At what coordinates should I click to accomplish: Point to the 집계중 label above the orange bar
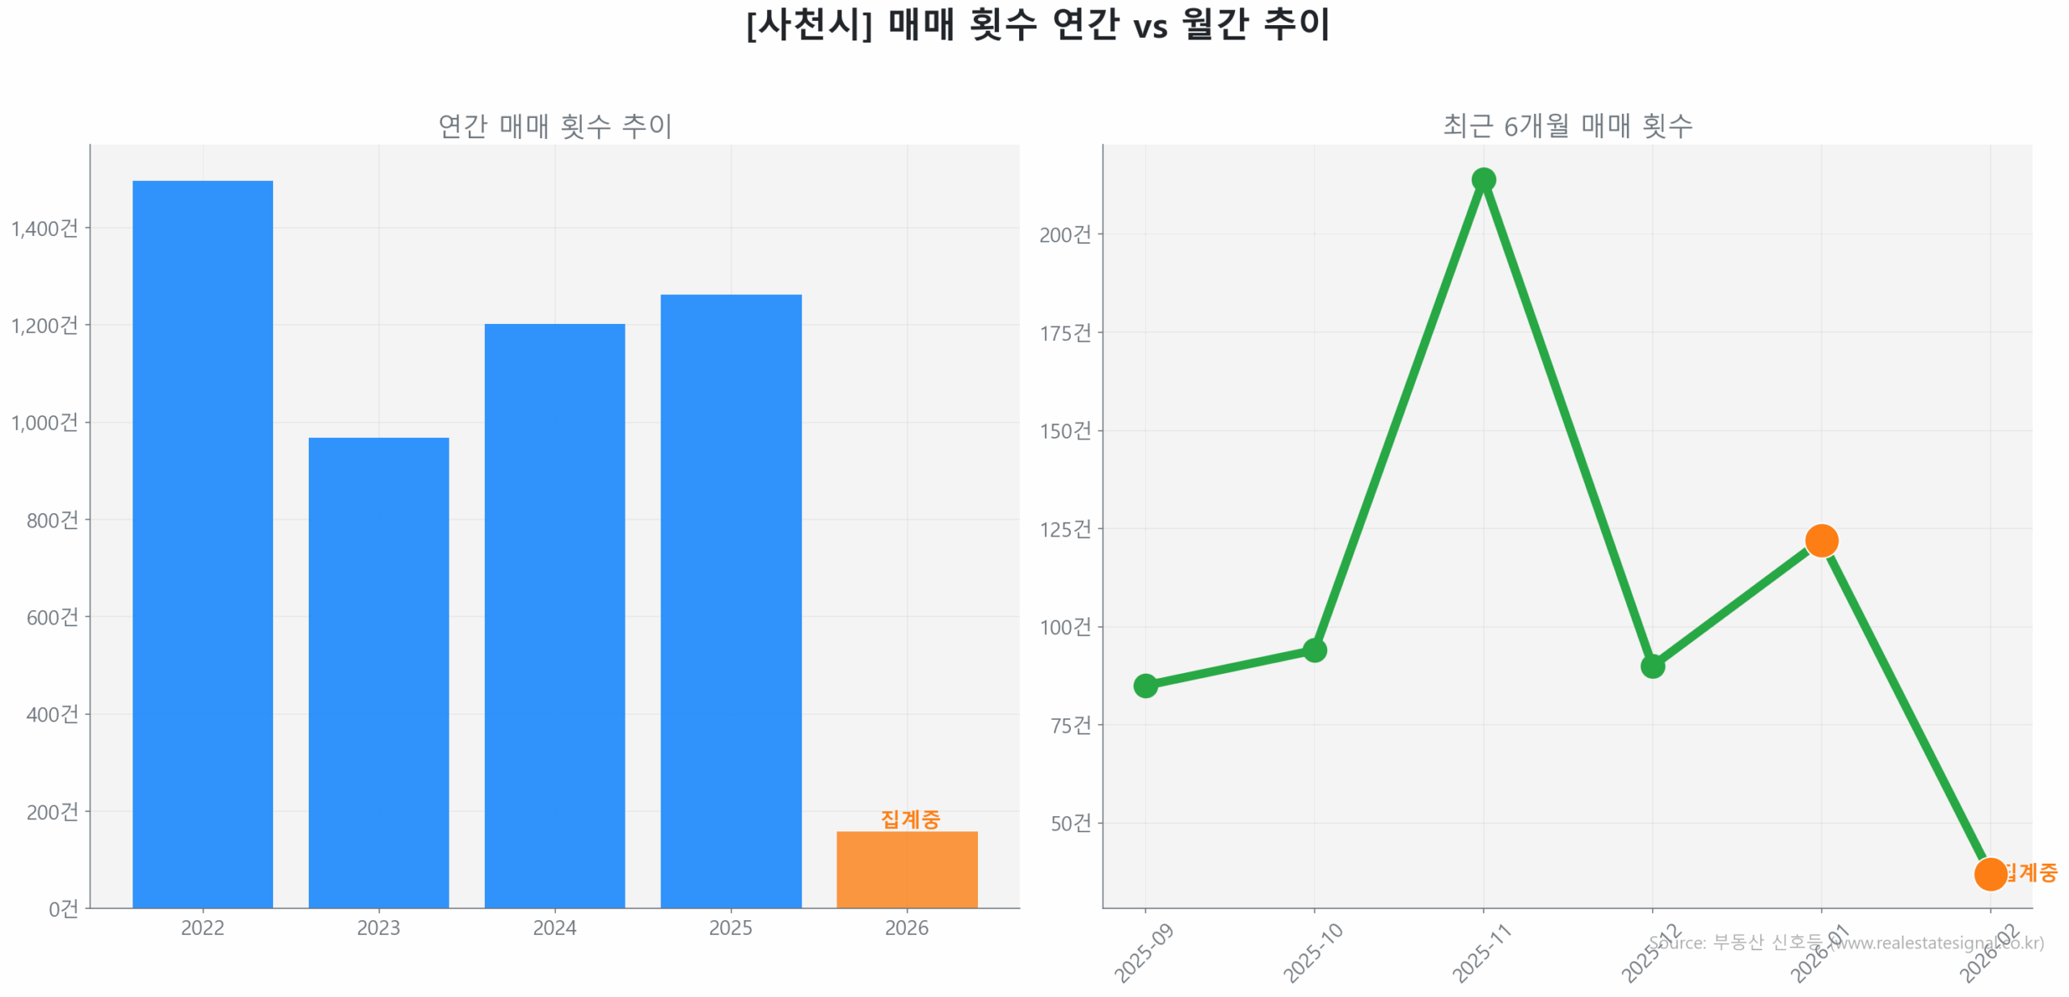pyautogui.click(x=910, y=818)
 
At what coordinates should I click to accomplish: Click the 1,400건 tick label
pyautogui.click(x=44, y=229)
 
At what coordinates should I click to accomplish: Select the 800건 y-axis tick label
pyautogui.click(x=53, y=520)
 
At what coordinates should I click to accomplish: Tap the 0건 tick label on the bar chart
pyautogui.click(x=63, y=909)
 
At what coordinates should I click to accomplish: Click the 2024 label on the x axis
pyautogui.click(x=554, y=928)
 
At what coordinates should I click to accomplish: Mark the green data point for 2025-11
pyautogui.click(x=1483, y=179)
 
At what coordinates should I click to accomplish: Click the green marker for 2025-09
pyautogui.click(x=1145, y=686)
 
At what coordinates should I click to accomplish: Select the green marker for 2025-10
pyautogui.click(x=1314, y=650)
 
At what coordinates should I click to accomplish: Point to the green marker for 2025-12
pyautogui.click(x=1652, y=667)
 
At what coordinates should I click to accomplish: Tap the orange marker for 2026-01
pyautogui.click(x=1821, y=541)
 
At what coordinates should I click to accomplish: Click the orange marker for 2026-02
pyautogui.click(x=1990, y=873)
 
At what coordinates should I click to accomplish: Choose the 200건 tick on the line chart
pyautogui.click(x=1065, y=235)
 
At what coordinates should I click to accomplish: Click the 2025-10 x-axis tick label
pyautogui.click(x=1313, y=953)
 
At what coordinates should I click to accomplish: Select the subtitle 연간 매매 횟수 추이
pyautogui.click(x=554, y=126)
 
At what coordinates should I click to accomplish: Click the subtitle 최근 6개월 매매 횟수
pyautogui.click(x=1567, y=126)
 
